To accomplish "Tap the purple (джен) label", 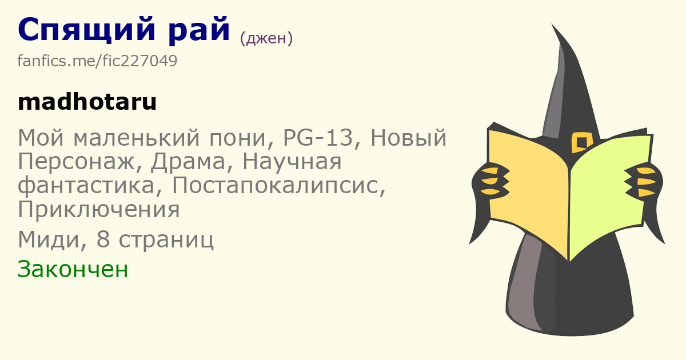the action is point(266,39).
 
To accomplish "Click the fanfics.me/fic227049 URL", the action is point(97,61).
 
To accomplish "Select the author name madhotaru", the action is point(87,102).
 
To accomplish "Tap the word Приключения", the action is point(98,209).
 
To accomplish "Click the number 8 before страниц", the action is point(103,239).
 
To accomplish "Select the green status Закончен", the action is point(73,269).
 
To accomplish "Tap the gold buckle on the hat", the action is point(581,142).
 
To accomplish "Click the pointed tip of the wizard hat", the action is point(552,24).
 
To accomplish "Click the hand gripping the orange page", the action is point(490,182).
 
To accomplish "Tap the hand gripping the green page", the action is point(644,182).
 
